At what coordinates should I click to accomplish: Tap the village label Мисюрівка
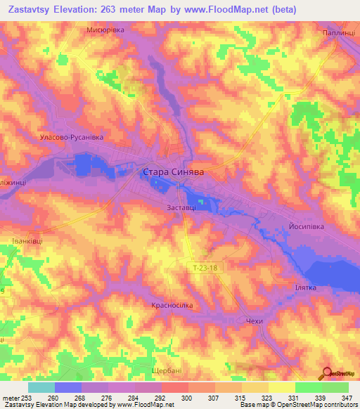click(105, 30)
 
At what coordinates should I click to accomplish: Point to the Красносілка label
click(172, 306)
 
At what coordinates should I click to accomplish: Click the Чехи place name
click(255, 321)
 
